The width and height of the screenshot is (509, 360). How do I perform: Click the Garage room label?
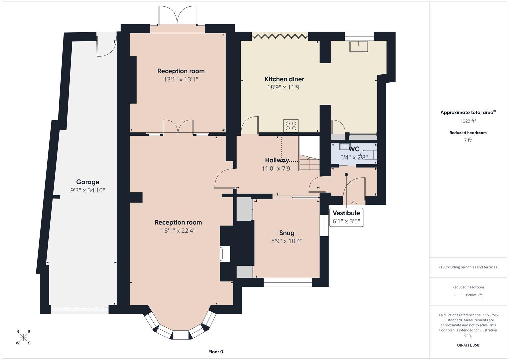(88, 182)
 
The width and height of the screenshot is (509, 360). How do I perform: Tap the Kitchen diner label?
(284, 79)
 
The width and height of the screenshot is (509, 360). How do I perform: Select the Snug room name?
(287, 233)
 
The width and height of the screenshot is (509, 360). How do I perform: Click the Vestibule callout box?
(346, 217)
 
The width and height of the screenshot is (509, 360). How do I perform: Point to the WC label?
(354, 149)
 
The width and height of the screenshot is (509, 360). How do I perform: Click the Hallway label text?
(277, 160)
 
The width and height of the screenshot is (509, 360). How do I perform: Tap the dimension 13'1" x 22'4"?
(178, 231)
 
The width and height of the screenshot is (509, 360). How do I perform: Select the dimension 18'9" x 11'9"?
(284, 87)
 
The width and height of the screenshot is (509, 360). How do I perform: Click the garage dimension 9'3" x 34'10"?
(88, 190)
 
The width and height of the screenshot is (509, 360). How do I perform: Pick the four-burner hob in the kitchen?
(290, 126)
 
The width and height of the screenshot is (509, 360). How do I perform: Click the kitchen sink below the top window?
(358, 46)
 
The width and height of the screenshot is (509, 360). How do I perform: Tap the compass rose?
(23, 337)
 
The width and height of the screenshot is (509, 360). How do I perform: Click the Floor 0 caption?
(216, 352)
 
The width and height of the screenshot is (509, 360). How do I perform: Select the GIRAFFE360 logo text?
(468, 345)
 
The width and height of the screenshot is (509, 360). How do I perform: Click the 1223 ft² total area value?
(468, 121)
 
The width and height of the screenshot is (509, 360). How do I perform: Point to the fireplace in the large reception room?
(225, 254)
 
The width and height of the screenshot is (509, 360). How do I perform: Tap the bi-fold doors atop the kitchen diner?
(280, 35)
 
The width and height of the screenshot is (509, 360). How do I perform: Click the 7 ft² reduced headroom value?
(468, 140)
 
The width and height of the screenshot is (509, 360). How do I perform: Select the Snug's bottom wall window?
(287, 283)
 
